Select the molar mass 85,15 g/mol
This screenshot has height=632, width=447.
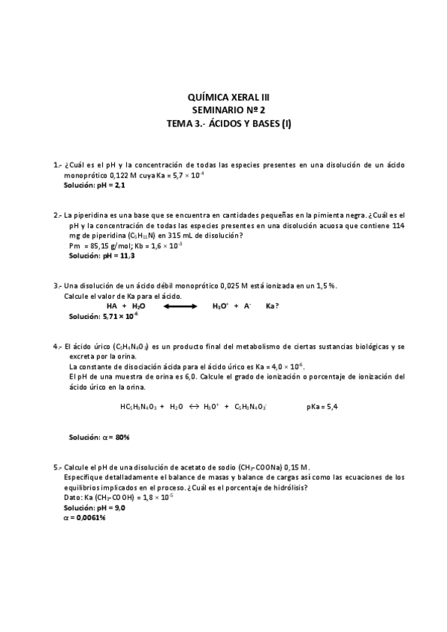[107, 244]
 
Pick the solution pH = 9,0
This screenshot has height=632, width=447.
[95, 507]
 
